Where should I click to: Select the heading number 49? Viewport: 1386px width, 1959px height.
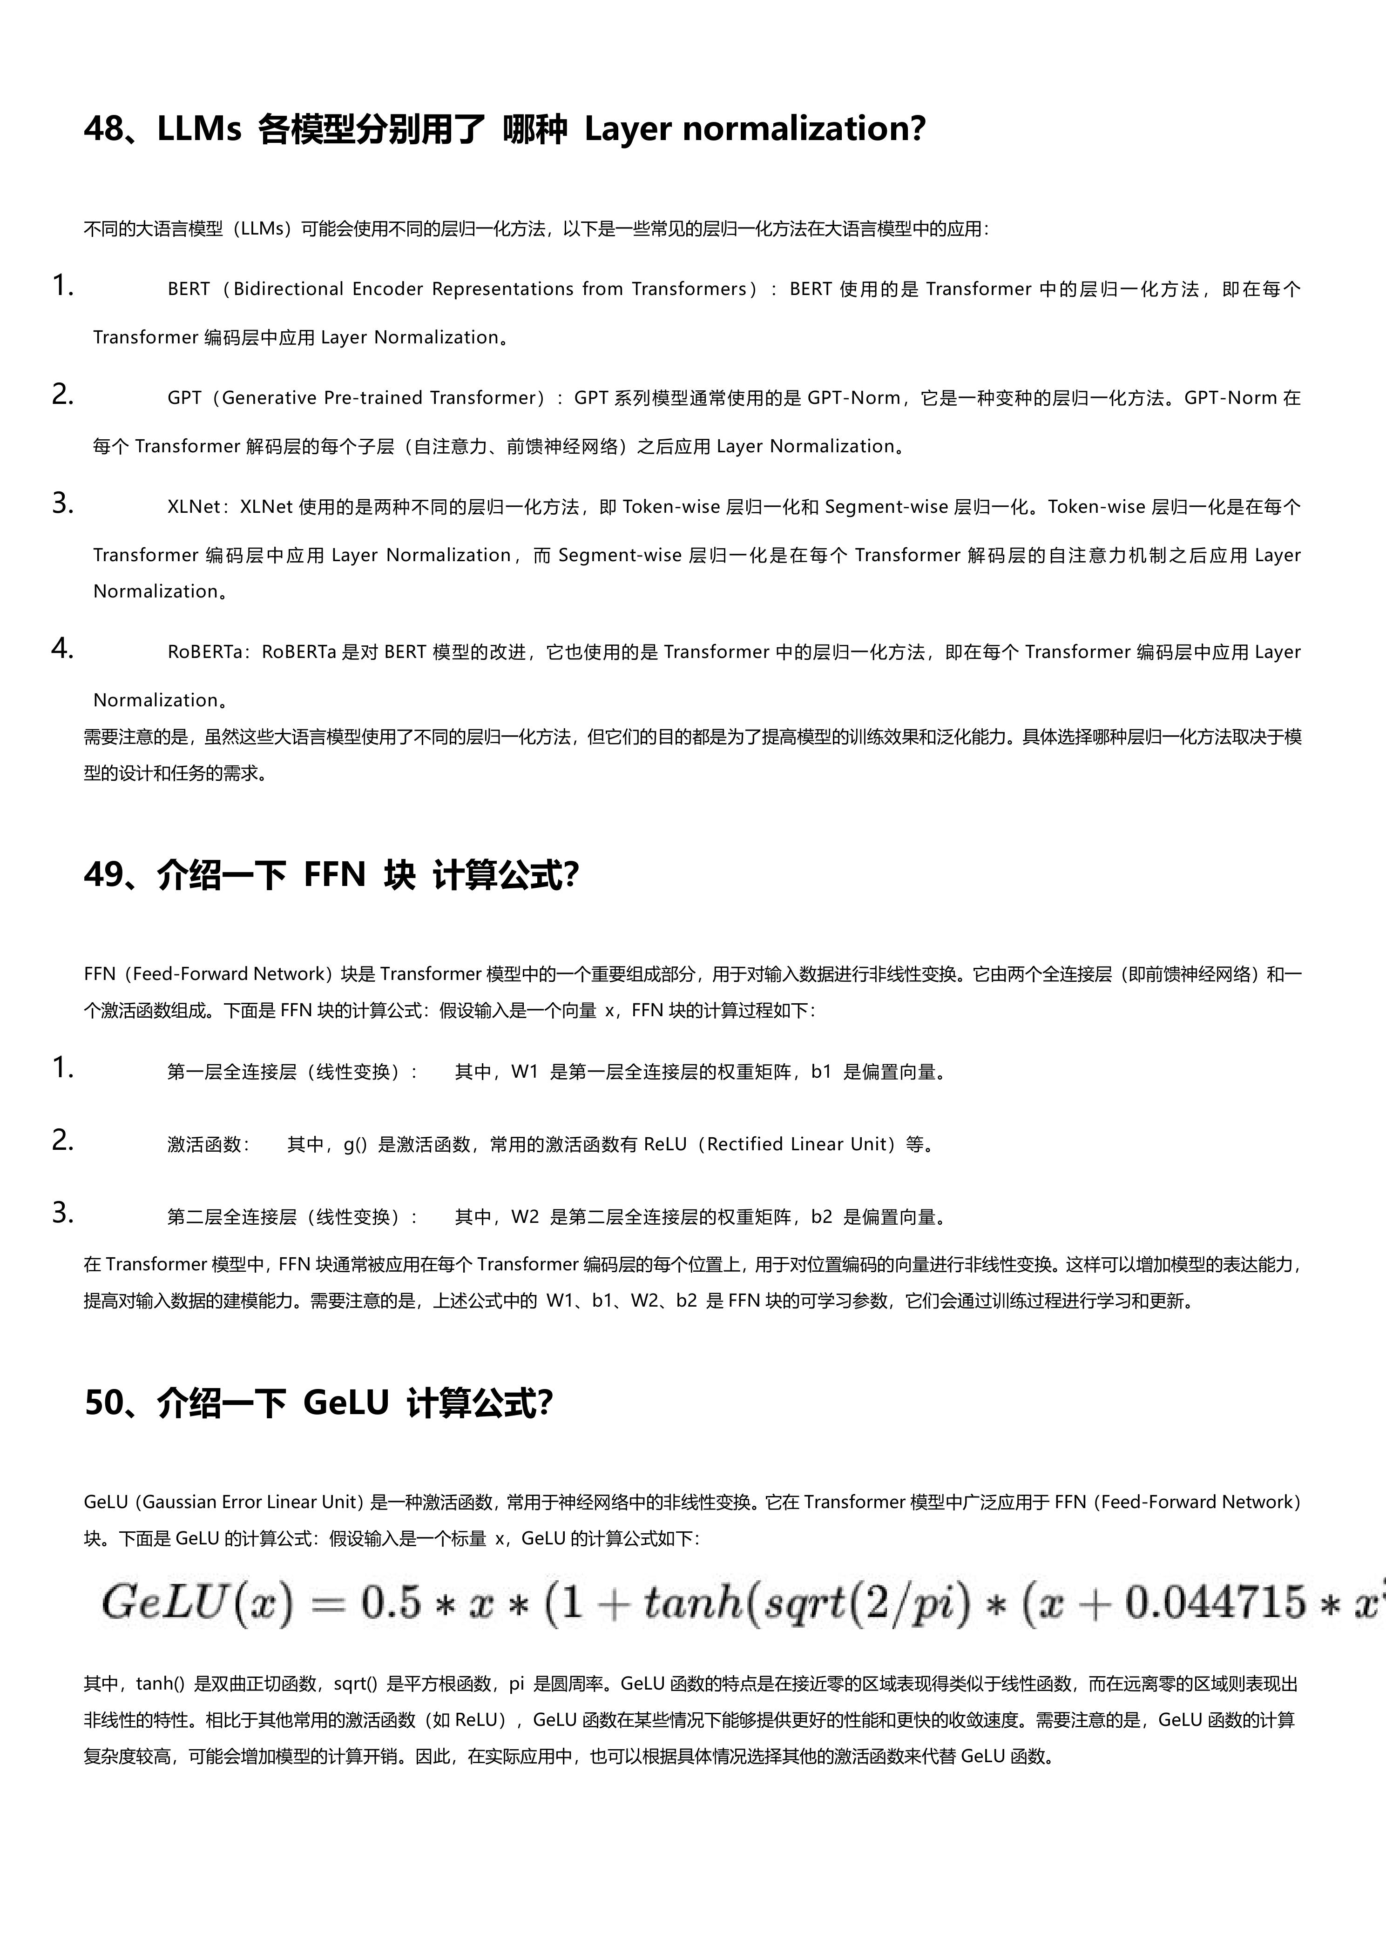pyautogui.click(x=103, y=875)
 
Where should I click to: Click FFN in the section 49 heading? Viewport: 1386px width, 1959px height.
pyautogui.click(x=335, y=875)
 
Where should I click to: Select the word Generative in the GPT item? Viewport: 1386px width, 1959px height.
pyautogui.click(x=269, y=397)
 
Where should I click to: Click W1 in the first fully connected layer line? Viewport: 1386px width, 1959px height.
pyautogui.click(x=524, y=1072)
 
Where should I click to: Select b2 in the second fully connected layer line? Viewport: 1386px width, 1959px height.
pyautogui.click(x=821, y=1217)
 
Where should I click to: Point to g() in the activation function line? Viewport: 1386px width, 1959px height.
pyautogui.click(x=355, y=1144)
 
